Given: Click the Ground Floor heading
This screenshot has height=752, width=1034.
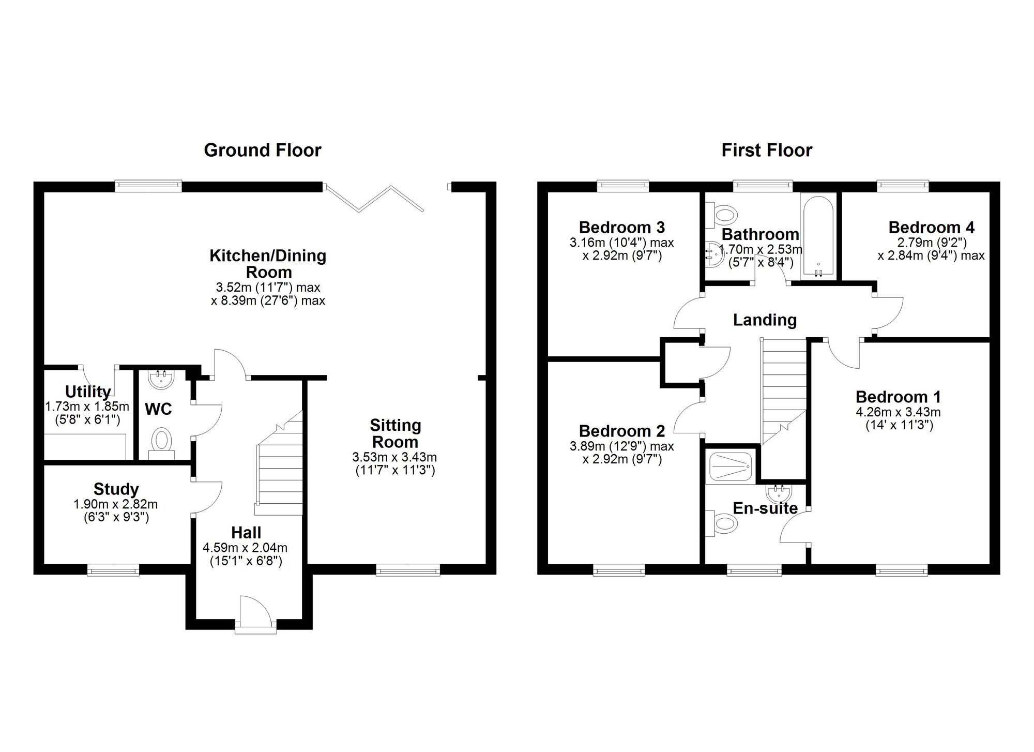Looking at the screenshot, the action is click(x=263, y=150).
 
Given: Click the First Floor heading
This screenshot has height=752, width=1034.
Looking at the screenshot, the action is click(x=767, y=150).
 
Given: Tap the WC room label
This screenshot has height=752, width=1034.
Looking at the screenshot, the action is click(x=158, y=409).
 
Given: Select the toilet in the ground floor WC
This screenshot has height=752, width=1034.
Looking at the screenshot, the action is click(x=162, y=443).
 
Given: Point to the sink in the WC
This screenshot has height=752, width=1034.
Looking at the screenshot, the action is click(x=162, y=379).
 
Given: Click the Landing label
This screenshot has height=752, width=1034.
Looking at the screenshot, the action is click(x=765, y=320).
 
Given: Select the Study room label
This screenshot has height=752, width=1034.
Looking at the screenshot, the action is click(x=116, y=489).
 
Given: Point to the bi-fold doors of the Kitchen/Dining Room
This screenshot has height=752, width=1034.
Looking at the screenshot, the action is click(x=373, y=198).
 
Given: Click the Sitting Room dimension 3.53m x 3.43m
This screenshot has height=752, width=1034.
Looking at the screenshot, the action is click(x=395, y=457).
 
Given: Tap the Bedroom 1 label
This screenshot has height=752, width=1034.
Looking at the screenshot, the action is click(x=899, y=397).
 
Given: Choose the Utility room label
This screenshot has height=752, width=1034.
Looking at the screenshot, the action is click(x=88, y=392).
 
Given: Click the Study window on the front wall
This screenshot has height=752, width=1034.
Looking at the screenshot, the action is click(x=113, y=570).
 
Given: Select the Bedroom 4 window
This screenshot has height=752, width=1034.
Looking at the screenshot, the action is click(x=903, y=186).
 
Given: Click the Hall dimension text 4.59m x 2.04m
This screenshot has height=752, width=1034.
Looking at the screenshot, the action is click(x=246, y=548).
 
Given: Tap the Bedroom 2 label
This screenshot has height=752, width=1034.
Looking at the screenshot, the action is click(x=622, y=431).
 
